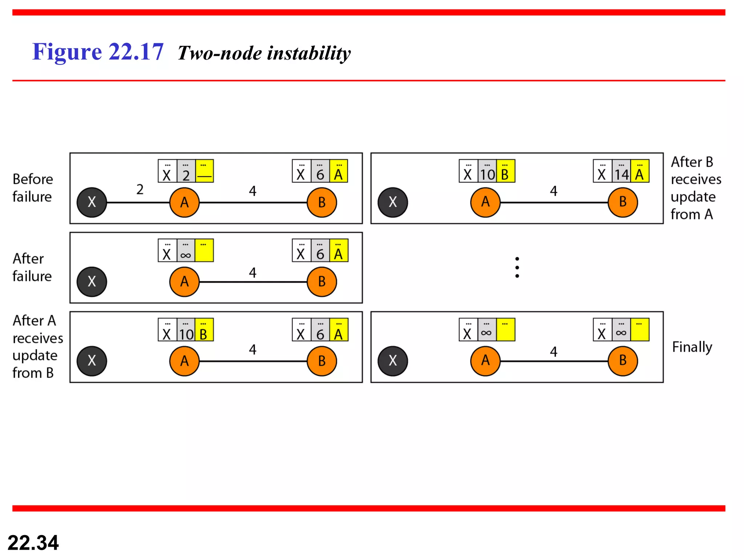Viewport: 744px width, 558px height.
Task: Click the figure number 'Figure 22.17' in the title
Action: click(x=98, y=52)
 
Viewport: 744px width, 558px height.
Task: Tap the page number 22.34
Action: click(x=33, y=542)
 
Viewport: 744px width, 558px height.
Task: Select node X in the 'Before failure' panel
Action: click(x=92, y=202)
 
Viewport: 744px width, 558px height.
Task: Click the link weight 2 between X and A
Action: click(x=140, y=189)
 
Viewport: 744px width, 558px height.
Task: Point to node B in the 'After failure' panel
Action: click(x=322, y=282)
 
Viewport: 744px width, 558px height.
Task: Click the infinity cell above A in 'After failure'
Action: click(x=186, y=251)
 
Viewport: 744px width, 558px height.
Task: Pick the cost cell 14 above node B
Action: click(x=621, y=171)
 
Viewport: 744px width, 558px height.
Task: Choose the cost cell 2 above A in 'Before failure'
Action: click(x=186, y=171)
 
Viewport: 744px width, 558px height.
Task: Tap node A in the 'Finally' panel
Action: click(x=485, y=361)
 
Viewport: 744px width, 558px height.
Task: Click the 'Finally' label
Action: click(x=692, y=347)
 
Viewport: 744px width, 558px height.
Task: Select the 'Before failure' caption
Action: click(x=33, y=188)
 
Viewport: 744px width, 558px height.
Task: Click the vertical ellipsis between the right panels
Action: click(x=517, y=267)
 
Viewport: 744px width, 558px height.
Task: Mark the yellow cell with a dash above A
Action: click(x=204, y=171)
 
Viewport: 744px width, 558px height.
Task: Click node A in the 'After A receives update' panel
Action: click(x=184, y=361)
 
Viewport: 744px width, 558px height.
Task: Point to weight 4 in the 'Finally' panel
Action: click(x=553, y=351)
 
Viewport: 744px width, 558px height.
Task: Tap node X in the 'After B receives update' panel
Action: click(x=393, y=202)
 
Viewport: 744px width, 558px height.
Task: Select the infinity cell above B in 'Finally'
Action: click(x=621, y=330)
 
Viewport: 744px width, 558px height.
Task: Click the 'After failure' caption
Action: click(x=32, y=267)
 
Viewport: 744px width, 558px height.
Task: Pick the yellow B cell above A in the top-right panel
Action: click(x=505, y=171)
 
